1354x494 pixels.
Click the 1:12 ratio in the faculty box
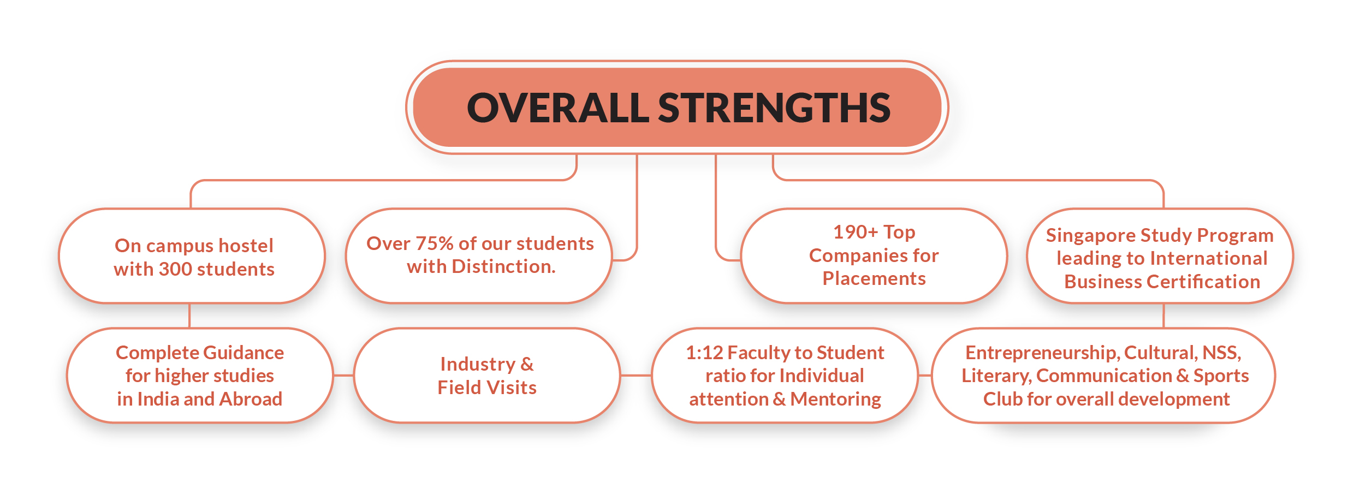[x=704, y=353]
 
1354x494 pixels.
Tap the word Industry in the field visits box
[x=477, y=364]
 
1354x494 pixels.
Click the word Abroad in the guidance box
[x=251, y=399]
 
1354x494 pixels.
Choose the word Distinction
[x=503, y=266]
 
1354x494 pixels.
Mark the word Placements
[x=874, y=278]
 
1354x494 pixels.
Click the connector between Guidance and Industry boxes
[x=343, y=376]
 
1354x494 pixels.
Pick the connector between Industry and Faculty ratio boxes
[x=636, y=376]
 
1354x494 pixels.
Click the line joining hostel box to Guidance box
[x=189, y=316]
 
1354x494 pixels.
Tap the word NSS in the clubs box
[x=1221, y=353]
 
